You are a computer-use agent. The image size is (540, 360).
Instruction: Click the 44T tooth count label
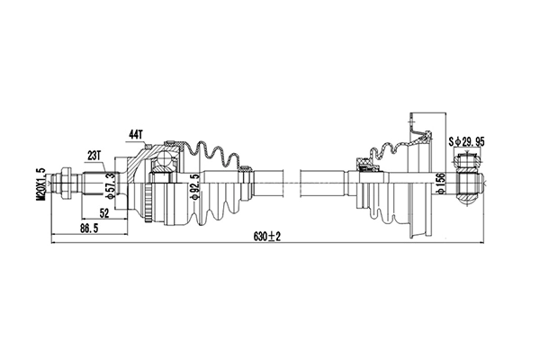136,134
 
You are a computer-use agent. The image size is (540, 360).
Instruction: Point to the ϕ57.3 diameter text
110,185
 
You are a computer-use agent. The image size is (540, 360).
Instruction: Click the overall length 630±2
267,236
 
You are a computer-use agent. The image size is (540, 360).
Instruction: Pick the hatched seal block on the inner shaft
367,166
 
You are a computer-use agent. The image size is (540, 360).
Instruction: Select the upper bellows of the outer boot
216,153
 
